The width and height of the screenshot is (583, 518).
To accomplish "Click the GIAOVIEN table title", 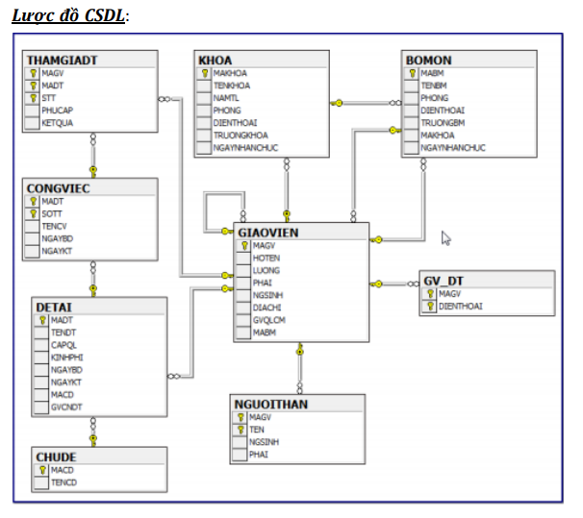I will pyautogui.click(x=268, y=232).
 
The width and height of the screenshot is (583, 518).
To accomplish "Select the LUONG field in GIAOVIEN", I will pyautogui.click(x=266, y=271).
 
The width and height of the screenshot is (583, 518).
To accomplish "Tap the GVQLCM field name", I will pyautogui.click(x=270, y=320).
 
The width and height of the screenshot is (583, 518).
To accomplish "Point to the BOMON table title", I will pyautogui.click(x=429, y=61).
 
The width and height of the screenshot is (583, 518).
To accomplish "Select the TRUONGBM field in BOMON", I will pyautogui.click(x=443, y=123).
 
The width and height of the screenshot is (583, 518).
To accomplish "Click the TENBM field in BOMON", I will pyautogui.click(x=433, y=86).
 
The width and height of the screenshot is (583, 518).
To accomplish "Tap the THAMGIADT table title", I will pyautogui.click(x=63, y=60).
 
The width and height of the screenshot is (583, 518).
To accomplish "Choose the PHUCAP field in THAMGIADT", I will pyautogui.click(x=57, y=111).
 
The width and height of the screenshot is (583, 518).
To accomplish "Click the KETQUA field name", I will pyautogui.click(x=58, y=123).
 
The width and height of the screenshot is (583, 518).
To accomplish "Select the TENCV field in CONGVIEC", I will pyautogui.click(x=54, y=226).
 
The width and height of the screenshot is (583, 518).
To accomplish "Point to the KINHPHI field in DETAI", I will pyautogui.click(x=66, y=358).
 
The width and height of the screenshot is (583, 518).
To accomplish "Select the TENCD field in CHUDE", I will pyautogui.click(x=63, y=482).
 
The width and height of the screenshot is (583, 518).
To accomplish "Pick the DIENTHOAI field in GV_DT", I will pyautogui.click(x=460, y=307).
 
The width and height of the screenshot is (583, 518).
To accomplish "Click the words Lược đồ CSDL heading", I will pyautogui.click(x=69, y=15).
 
